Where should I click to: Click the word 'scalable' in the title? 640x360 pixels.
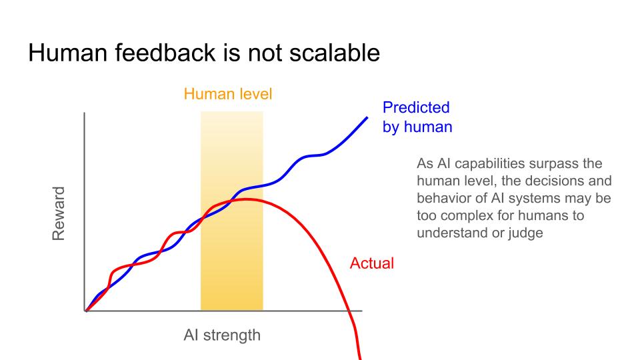coord(335,53)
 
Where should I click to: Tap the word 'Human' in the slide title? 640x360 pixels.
coord(68,53)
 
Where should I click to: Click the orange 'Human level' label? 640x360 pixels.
coord(228,94)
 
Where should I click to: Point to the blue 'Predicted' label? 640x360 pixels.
coord(416,107)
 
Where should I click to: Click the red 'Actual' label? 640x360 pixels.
coord(372,263)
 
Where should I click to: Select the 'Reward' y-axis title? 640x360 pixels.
coord(59,213)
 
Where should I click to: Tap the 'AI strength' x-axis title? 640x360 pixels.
coord(222,335)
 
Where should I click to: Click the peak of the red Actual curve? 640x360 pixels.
coord(246,199)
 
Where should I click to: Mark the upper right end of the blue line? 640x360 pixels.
coord(367,117)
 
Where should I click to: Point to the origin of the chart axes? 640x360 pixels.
coord(85,311)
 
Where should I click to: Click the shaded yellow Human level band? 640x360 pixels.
coord(232,211)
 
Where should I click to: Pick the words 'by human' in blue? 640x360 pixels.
coord(417,127)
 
